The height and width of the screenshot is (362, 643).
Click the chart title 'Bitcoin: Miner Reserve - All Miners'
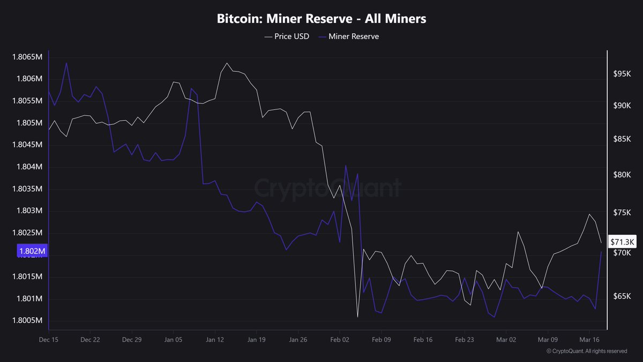322,19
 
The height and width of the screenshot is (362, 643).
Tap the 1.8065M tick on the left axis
27,57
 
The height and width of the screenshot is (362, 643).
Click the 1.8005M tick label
27,321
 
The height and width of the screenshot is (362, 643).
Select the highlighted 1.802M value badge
33,251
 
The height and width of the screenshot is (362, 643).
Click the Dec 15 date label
49,339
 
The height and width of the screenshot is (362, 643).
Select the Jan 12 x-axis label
214,339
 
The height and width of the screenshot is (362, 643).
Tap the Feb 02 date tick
339,339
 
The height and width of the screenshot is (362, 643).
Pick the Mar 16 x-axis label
589,339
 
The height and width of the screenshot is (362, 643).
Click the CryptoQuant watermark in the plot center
327,188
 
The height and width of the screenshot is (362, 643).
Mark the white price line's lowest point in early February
357,317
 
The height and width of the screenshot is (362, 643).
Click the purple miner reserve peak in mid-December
66,63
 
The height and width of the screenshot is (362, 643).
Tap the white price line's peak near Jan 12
227,63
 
